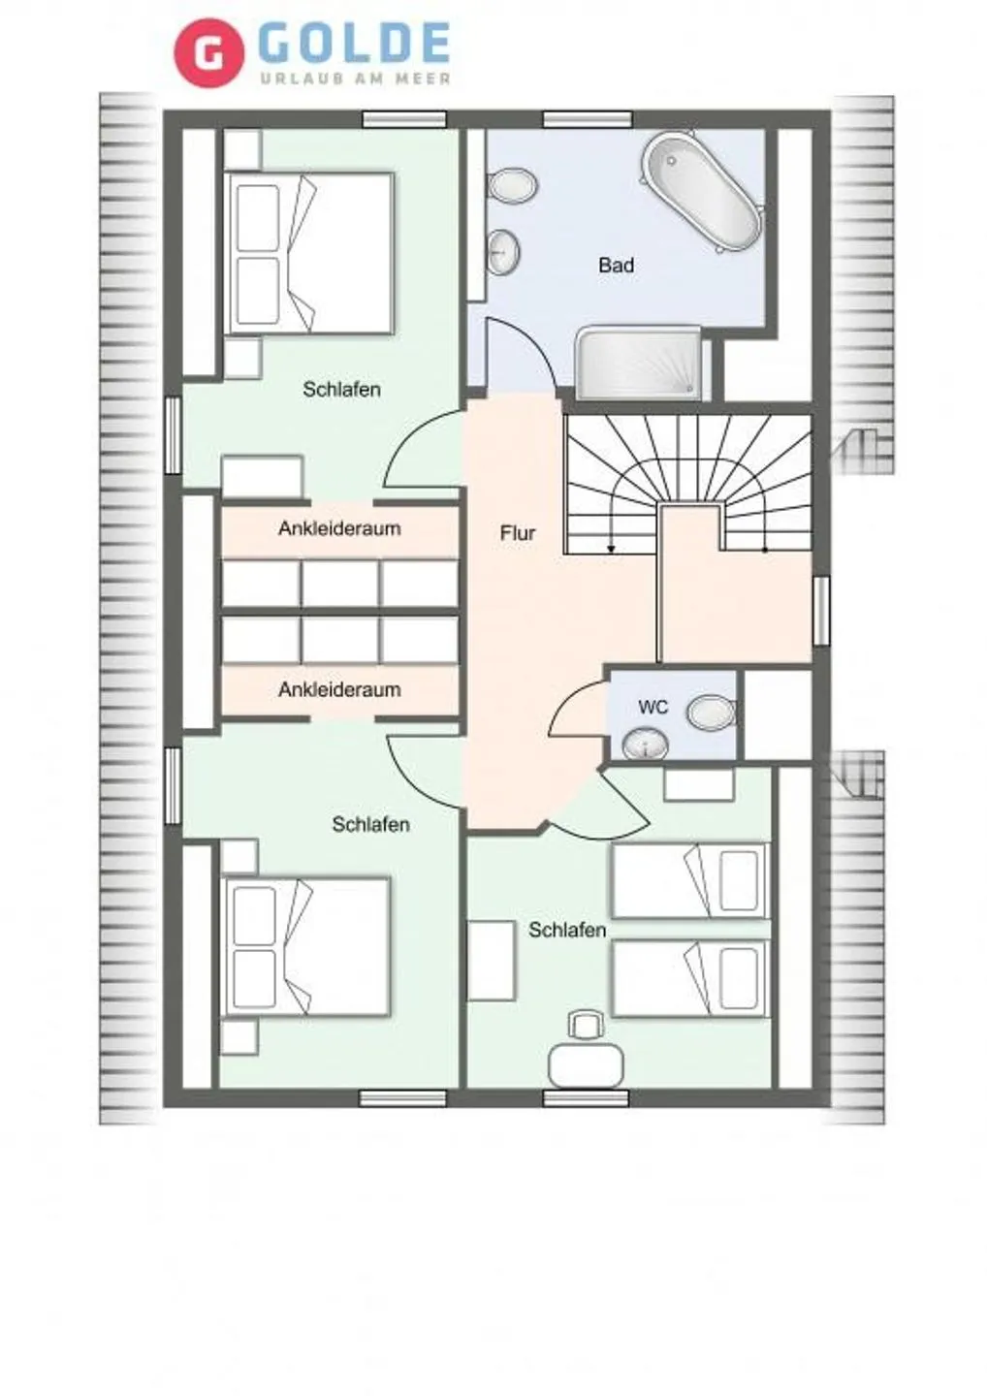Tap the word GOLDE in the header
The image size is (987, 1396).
355,45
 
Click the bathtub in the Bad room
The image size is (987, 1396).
702,192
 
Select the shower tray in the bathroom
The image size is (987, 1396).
639,363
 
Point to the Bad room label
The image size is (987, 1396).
616,265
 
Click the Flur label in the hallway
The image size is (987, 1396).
517,533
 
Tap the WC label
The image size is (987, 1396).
653,707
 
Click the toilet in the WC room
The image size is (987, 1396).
712,713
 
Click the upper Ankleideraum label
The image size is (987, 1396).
339,529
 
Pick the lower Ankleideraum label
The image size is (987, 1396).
339,690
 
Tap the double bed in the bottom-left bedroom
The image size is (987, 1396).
306,946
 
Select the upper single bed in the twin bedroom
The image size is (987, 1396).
689,880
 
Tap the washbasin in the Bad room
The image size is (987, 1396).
503,251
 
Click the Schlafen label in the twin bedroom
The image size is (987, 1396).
567,930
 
